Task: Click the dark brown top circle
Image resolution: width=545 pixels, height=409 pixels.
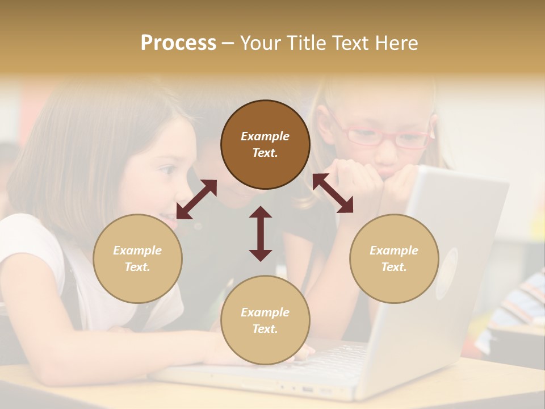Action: tap(265, 145)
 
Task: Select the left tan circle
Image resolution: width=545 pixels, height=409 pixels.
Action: tap(137, 258)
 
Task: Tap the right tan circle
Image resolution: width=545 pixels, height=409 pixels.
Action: tap(394, 258)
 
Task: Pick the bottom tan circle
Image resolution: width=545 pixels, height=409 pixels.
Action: tap(265, 320)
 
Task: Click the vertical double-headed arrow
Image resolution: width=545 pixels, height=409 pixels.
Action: tap(261, 233)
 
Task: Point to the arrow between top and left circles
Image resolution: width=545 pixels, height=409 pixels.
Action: tap(196, 199)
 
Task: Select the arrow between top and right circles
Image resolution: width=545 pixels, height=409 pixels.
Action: tap(333, 193)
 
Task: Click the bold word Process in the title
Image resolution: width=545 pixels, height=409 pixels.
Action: tap(178, 43)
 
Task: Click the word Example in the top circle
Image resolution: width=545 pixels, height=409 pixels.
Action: tap(265, 136)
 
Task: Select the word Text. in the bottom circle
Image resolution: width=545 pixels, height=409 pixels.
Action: tap(265, 329)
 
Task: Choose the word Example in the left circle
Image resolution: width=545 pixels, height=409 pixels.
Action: tap(137, 251)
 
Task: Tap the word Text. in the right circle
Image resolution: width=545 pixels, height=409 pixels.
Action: tap(394, 267)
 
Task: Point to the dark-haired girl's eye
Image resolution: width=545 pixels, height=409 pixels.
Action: tap(167, 170)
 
